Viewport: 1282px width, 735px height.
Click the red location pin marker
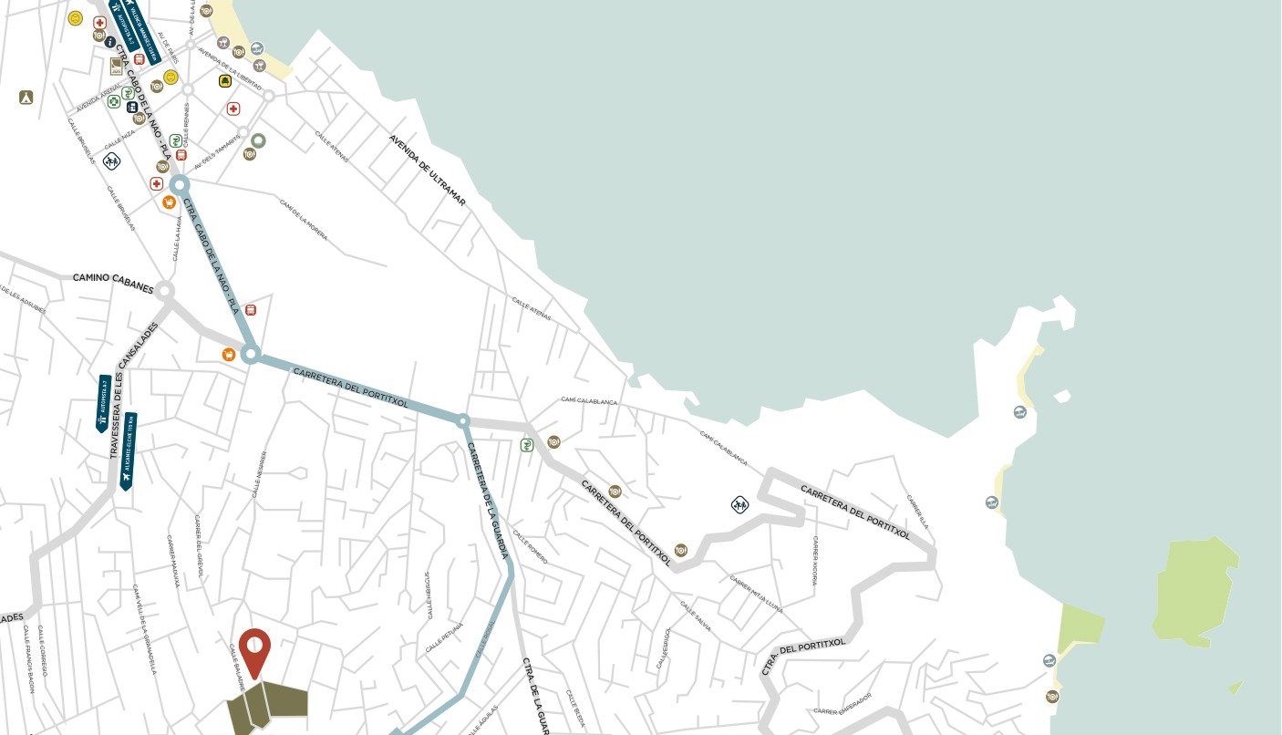(254, 648)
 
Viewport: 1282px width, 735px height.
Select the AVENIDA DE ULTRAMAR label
(427, 170)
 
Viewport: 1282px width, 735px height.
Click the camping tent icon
(26, 98)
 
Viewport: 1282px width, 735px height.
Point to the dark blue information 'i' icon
(109, 42)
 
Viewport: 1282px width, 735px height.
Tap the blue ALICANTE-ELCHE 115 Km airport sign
(127, 450)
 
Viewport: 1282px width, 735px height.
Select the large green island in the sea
(1194, 592)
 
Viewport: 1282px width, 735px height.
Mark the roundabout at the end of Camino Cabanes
(163, 291)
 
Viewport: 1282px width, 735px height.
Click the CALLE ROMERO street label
(530, 546)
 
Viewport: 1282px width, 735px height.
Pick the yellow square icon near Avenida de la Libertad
(225, 81)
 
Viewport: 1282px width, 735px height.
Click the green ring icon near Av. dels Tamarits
(258, 140)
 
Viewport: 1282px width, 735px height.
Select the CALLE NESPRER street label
(259, 473)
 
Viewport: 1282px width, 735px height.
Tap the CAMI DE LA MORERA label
(303, 220)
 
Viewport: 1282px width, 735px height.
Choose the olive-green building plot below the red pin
(267, 708)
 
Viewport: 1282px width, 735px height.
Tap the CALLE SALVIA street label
(695, 616)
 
